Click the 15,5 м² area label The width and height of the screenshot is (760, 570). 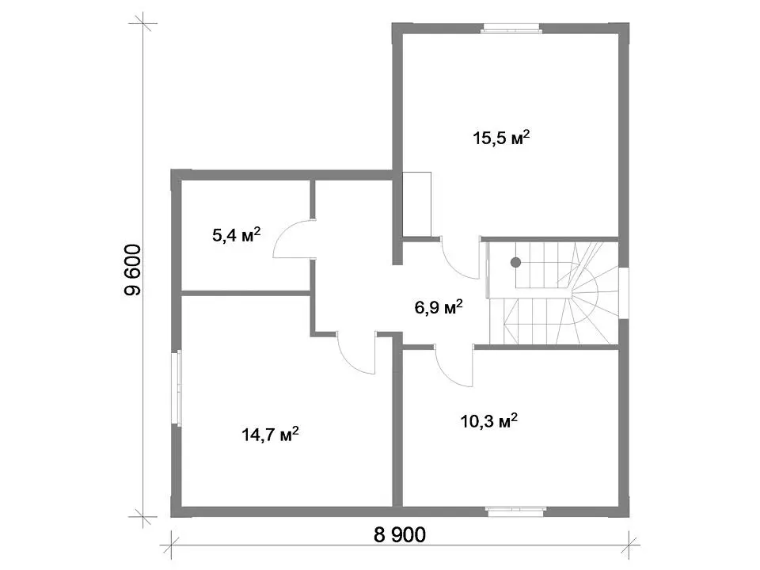(x=501, y=138)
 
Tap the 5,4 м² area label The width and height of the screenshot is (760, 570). (x=237, y=235)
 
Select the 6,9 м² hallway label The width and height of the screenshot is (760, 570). (x=439, y=307)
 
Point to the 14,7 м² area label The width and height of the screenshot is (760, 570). (x=270, y=435)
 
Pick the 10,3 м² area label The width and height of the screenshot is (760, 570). (x=489, y=420)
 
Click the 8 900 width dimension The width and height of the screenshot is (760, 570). (x=400, y=534)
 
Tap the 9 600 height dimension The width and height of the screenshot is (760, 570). (x=133, y=270)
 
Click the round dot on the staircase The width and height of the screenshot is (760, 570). (x=515, y=262)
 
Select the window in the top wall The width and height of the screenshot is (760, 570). (x=511, y=28)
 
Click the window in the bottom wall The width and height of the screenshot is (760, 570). (x=516, y=510)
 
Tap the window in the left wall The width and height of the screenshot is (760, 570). (x=178, y=388)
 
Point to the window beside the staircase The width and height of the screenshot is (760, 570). (x=623, y=293)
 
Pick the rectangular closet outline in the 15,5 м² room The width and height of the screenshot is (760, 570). (x=417, y=204)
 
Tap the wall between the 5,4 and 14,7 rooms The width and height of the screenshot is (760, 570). (x=245, y=293)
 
